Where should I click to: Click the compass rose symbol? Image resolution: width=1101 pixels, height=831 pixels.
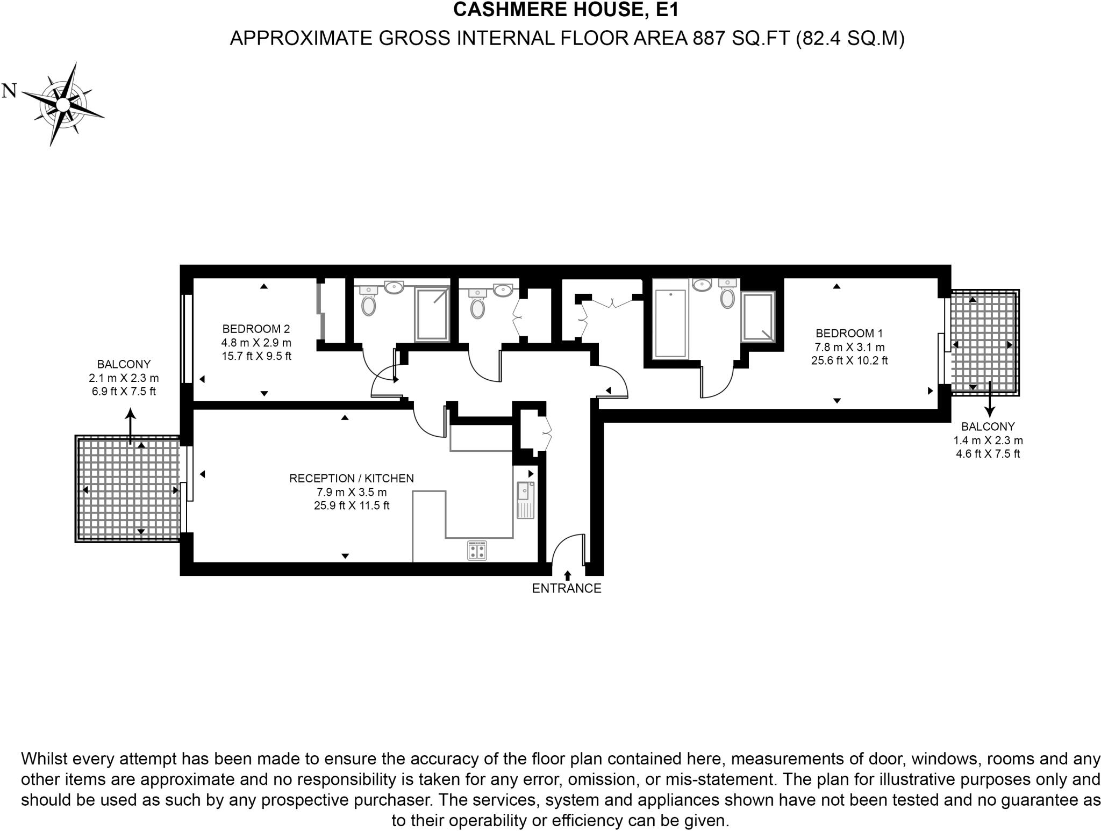(x=63, y=104)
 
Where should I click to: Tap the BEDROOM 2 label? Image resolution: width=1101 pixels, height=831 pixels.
(x=256, y=329)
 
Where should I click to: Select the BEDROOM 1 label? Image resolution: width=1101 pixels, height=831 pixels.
(x=849, y=333)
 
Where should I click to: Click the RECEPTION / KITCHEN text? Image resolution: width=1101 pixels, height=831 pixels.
(x=351, y=478)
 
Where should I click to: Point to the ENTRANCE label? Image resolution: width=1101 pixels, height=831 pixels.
(x=566, y=588)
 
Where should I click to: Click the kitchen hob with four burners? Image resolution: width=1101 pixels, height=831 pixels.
(x=477, y=550)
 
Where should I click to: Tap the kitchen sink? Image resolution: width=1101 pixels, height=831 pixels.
(x=525, y=500)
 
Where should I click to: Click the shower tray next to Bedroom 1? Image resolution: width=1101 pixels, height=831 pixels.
(x=757, y=317)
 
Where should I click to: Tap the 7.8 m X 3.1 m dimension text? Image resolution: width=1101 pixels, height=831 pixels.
(x=849, y=347)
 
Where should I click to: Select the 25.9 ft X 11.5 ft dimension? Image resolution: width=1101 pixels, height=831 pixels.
(x=351, y=505)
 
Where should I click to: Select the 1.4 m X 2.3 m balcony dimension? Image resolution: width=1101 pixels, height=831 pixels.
(x=988, y=440)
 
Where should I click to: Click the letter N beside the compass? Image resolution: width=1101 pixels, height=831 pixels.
(x=9, y=91)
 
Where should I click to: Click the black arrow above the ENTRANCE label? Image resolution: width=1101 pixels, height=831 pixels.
(x=567, y=575)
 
